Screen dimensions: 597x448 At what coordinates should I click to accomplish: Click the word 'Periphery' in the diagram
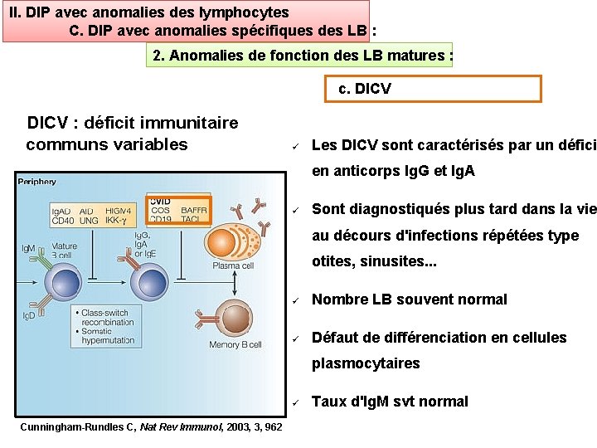(x=37, y=182)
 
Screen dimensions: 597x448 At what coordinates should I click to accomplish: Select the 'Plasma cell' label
(x=233, y=266)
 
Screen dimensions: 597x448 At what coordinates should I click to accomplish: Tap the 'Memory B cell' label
(x=235, y=344)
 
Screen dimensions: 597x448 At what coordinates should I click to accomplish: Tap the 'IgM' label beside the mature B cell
(x=28, y=247)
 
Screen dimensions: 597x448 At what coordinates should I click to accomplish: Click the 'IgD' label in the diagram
(x=28, y=316)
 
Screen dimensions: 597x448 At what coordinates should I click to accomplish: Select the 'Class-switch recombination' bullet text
(x=106, y=318)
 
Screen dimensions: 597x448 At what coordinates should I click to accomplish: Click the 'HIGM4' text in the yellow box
(x=119, y=211)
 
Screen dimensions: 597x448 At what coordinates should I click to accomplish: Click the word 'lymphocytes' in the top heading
(x=246, y=12)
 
